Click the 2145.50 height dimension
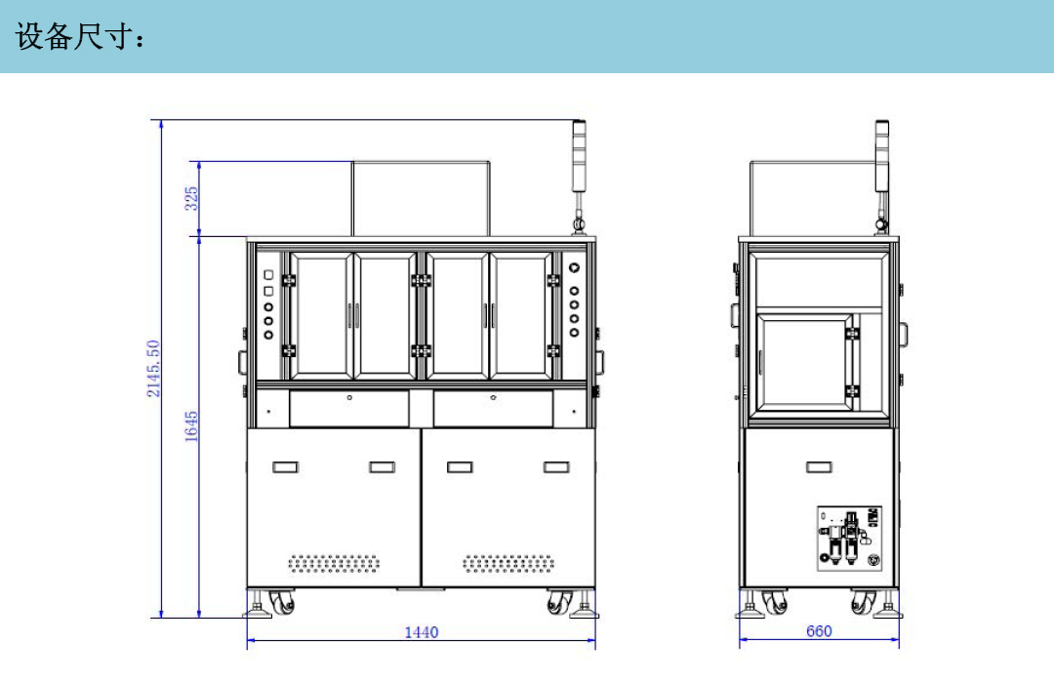point(154,369)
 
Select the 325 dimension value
point(191,198)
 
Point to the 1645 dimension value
point(191,426)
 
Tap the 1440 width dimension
point(422,632)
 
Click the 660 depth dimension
point(819,630)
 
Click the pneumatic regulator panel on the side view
point(849,539)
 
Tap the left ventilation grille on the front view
point(334,563)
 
